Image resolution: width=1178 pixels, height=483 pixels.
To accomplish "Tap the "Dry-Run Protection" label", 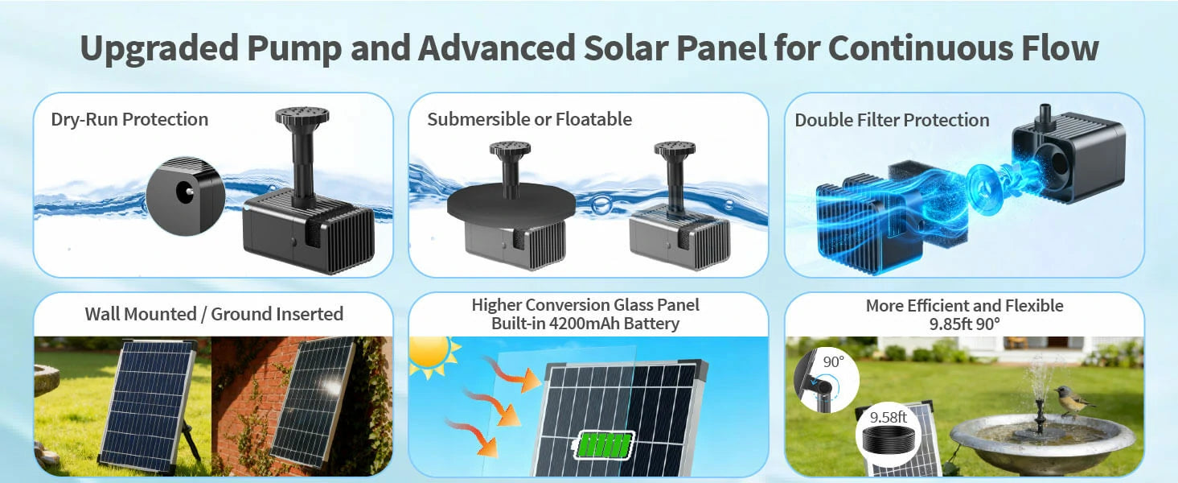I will click(129, 119).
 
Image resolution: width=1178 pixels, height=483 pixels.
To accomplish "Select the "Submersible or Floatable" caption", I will click(529, 119).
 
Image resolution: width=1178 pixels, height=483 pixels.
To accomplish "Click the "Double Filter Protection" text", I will click(892, 120).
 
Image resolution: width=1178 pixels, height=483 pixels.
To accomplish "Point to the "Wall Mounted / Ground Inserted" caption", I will click(214, 313).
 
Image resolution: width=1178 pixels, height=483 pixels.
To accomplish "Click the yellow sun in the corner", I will click(430, 355).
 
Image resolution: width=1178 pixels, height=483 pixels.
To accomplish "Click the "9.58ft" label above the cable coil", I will click(888, 418).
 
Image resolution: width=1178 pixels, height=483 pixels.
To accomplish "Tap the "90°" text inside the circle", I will click(832, 361).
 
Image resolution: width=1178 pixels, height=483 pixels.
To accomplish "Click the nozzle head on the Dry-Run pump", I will click(302, 118).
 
